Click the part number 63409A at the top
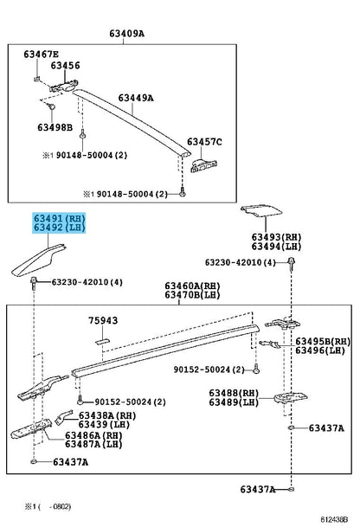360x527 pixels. coord(126,34)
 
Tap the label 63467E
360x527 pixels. coord(41,55)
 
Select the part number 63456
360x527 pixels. coord(65,65)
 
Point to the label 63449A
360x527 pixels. coord(136,98)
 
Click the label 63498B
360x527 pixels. coord(55,127)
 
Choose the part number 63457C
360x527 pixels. coord(204,142)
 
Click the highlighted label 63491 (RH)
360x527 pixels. coord(59,218)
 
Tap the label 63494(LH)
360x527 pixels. coord(276,247)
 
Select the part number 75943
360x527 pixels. coord(103,320)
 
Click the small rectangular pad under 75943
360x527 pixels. coord(102,341)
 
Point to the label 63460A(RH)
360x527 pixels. coord(192,286)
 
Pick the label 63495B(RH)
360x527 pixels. coord(323,342)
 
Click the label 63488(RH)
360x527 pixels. coord(234,393)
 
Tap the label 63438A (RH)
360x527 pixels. coord(107,415)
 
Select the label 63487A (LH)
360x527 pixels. coord(93,444)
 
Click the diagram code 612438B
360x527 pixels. coord(334,519)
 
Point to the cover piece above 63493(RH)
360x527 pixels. coord(261,210)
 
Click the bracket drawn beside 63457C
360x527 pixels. coord(203,165)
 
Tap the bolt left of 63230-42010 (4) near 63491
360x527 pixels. coord(33,282)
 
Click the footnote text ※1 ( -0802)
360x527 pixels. coord(48,506)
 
